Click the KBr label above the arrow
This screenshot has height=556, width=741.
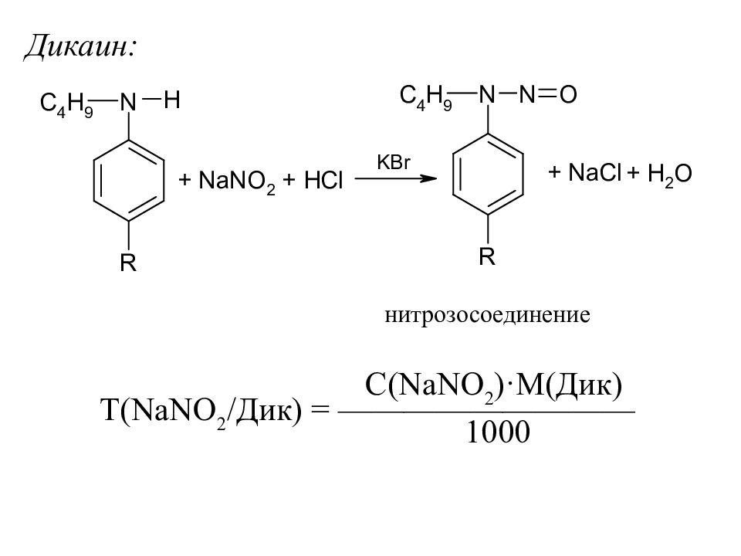[x=392, y=162]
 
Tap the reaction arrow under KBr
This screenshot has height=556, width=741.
[x=394, y=179]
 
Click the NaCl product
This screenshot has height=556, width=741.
[x=594, y=174]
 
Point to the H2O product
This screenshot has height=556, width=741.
[x=668, y=175]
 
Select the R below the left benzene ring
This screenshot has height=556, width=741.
[x=127, y=265]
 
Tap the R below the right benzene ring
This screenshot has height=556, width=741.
[x=486, y=257]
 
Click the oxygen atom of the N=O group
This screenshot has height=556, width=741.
[x=567, y=95]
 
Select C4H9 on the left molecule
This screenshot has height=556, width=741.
[x=66, y=104]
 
